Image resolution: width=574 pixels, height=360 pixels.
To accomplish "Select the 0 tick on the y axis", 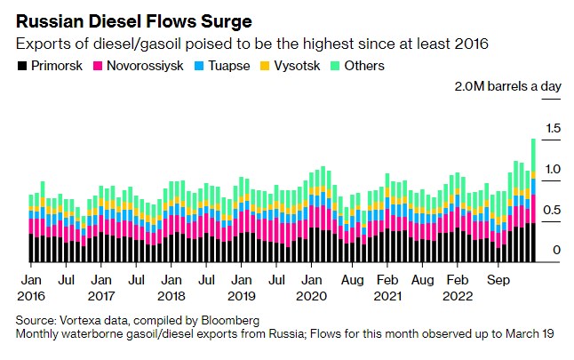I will point(556,251).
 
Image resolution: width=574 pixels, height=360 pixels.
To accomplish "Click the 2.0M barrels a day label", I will point(507,87).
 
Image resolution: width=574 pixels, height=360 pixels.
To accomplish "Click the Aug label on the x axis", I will point(352,277).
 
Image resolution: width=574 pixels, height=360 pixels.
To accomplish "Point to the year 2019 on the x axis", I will point(241,294).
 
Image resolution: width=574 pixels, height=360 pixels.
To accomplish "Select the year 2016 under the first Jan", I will point(31,294).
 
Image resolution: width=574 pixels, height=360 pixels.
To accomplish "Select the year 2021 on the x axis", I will point(387,294).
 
